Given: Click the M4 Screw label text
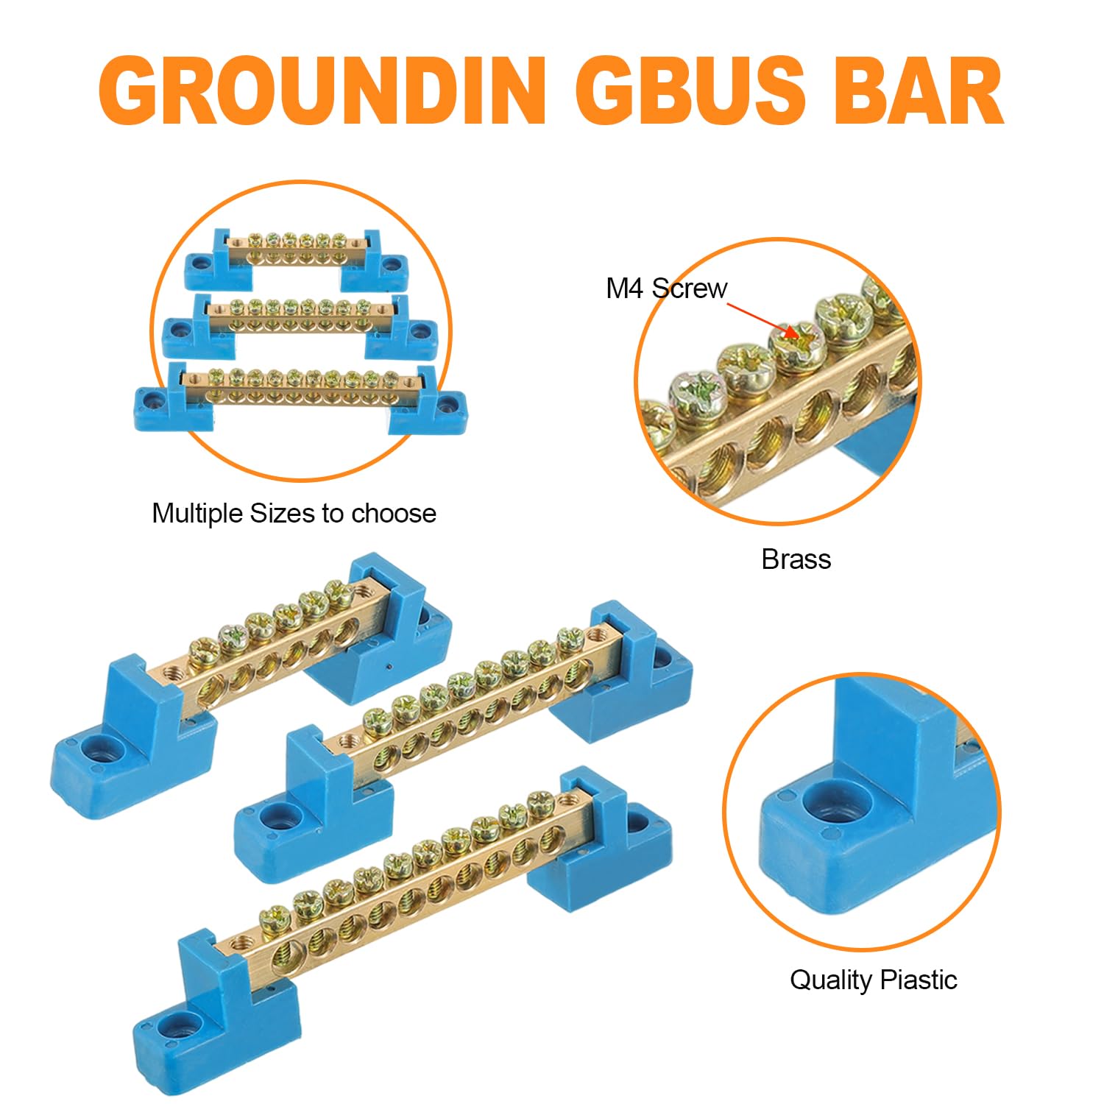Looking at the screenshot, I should pos(666,289).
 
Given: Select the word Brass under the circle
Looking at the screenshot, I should pos(796,559).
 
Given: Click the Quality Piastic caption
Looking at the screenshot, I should pos(873,980).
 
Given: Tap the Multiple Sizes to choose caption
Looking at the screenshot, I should pos(294,513).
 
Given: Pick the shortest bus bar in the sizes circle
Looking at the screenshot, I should pos(296,254).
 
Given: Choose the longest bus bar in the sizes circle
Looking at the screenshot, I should pos(300,390).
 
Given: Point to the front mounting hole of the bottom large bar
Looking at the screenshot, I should pos(180,1023).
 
